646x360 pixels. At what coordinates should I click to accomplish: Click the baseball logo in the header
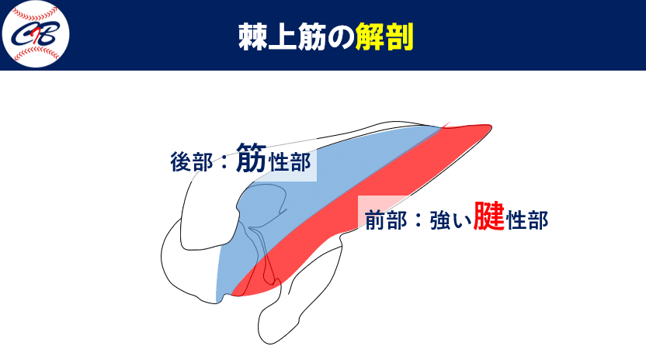pos(36,35)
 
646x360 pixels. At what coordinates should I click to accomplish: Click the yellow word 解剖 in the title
pos(384,36)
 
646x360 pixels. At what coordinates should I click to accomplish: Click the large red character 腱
pos(489,216)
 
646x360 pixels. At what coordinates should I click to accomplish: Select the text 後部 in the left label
pos(190,162)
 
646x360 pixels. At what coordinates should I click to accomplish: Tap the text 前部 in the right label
pos(386,220)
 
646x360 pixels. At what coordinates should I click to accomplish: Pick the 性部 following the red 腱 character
pos(527,220)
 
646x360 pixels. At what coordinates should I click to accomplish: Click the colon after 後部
pos(220,163)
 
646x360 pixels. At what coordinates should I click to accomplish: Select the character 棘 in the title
pos(252,36)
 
